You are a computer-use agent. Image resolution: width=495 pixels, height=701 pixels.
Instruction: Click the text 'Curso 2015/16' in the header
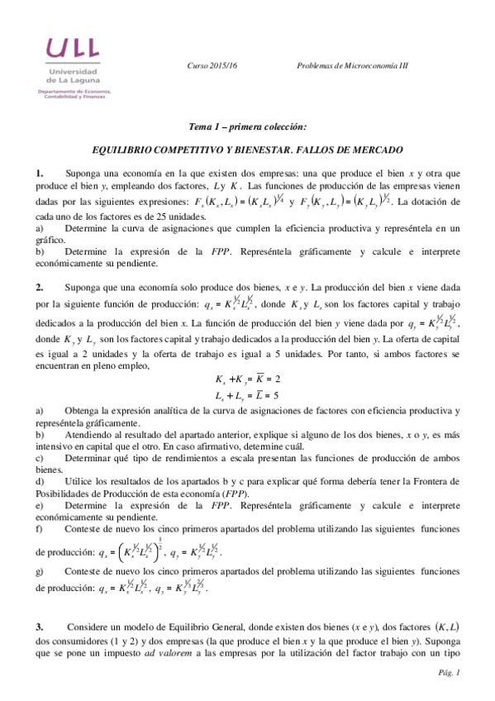click(212, 65)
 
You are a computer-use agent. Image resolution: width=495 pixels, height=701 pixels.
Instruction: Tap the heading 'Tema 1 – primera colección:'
click(248, 127)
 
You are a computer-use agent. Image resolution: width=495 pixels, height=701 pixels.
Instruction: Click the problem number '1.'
click(39, 173)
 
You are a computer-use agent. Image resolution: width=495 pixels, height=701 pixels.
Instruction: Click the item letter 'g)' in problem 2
click(39, 571)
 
